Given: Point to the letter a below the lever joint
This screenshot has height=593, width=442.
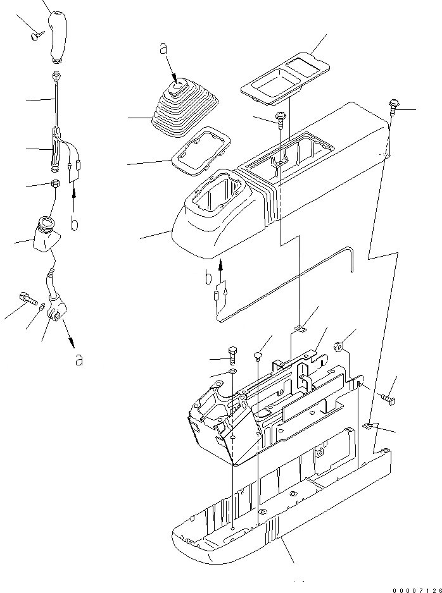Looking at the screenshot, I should [x=79, y=360].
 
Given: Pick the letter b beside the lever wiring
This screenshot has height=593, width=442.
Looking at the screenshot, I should [x=75, y=223].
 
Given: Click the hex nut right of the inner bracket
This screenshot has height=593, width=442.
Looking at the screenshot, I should [x=339, y=345].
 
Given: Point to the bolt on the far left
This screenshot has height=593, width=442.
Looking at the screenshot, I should [x=25, y=297].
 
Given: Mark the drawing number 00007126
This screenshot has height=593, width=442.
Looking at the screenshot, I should [x=415, y=589].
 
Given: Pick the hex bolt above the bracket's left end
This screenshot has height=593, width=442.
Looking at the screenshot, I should [x=232, y=352].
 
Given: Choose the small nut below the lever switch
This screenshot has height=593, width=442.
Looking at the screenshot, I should [x=55, y=185].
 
